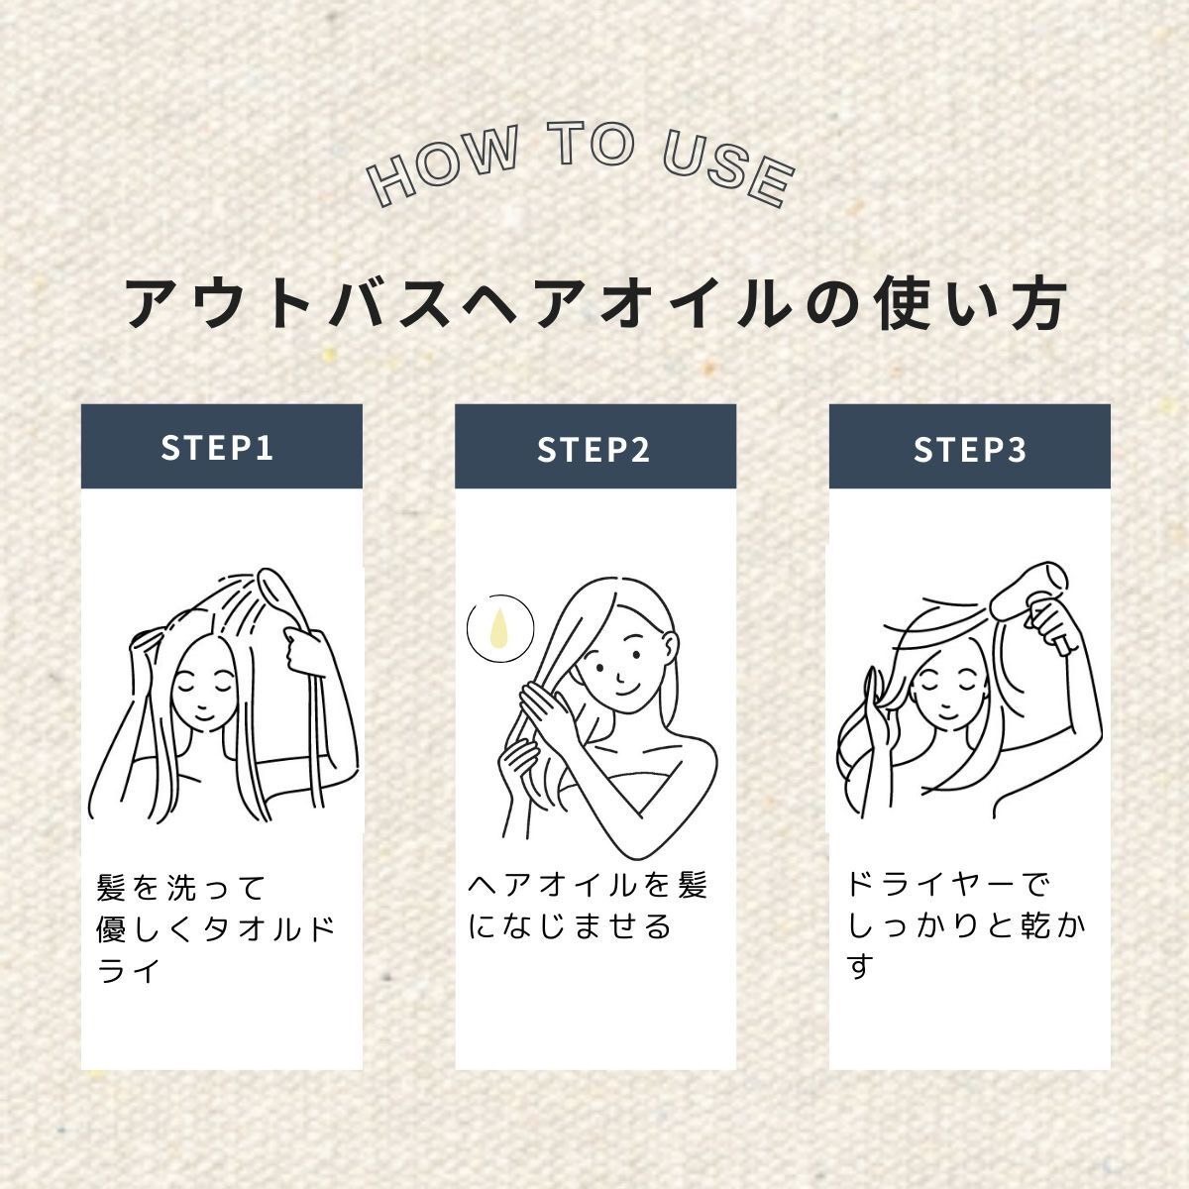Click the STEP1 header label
pos(217,448)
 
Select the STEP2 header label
pos(594,449)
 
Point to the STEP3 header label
pos(970,449)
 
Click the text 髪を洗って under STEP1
pos(181,887)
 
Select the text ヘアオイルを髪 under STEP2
pos(588,885)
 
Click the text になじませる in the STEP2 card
pos(570,925)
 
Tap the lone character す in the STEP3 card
pos(860,966)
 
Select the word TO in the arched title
pos(591,145)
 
